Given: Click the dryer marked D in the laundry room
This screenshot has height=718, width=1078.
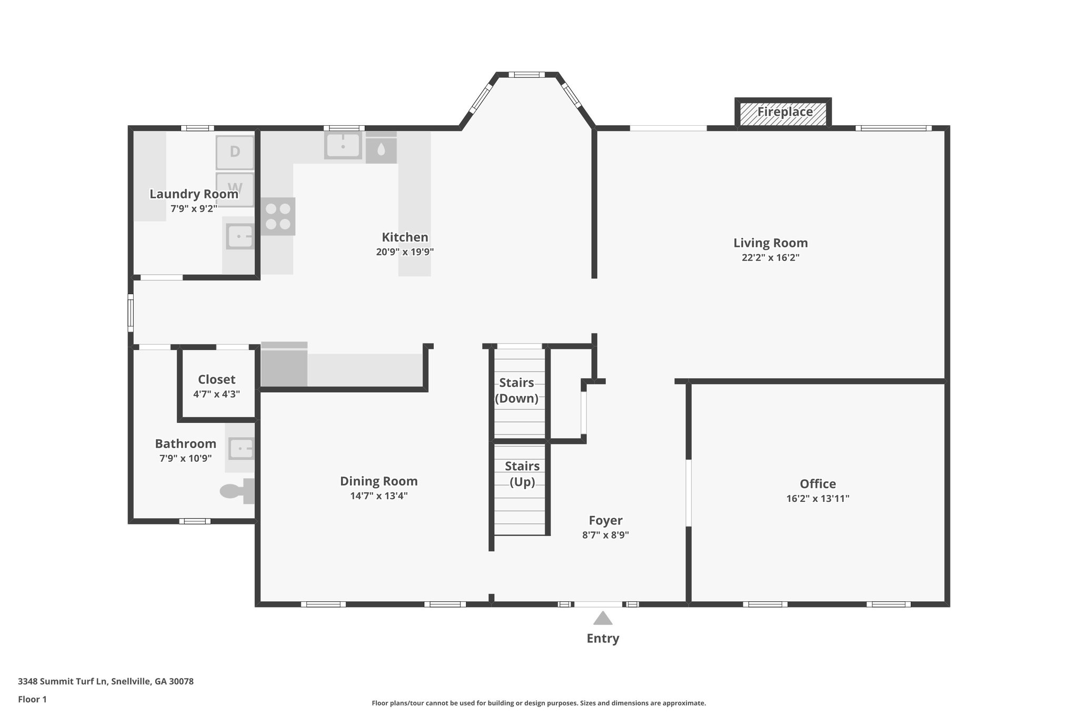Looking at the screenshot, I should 235,152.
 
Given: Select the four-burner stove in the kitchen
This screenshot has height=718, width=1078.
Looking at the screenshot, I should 278,216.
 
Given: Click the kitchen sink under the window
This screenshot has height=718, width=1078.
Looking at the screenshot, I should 343,145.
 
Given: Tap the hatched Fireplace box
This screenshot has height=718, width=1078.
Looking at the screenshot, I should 783,113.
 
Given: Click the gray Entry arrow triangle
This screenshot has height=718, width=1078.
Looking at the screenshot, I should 603,618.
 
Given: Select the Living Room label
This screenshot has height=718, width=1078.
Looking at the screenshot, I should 770,243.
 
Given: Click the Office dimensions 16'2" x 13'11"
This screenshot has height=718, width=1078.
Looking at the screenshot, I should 817,499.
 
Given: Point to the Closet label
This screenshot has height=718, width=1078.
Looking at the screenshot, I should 216,379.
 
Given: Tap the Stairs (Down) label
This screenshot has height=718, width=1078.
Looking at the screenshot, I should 516,390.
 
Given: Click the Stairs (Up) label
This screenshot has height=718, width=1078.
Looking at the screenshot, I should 522,473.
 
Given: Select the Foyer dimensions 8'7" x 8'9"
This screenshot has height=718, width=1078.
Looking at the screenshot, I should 605,535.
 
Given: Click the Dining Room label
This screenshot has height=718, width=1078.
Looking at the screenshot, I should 378,481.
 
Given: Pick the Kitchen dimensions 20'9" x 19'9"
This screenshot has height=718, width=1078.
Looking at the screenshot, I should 404,252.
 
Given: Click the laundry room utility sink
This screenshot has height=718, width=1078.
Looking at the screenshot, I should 240,236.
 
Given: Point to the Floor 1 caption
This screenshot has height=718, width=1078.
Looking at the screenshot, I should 32,699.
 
